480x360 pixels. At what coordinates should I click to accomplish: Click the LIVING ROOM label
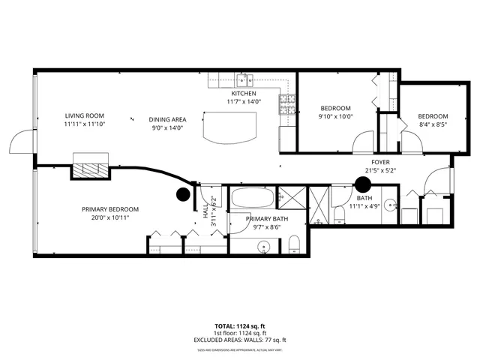[83, 115]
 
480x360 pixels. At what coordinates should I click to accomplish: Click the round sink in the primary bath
[264, 246]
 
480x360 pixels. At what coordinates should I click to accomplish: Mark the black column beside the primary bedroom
[182, 194]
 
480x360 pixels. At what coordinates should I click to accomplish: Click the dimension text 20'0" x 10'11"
[110, 218]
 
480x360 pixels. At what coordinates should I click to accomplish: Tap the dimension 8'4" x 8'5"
[432, 125]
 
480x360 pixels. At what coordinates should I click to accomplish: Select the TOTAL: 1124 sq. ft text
[241, 326]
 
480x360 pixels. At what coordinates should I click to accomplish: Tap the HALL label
[205, 211]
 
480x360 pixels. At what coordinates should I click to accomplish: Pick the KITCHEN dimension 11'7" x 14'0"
[244, 102]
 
